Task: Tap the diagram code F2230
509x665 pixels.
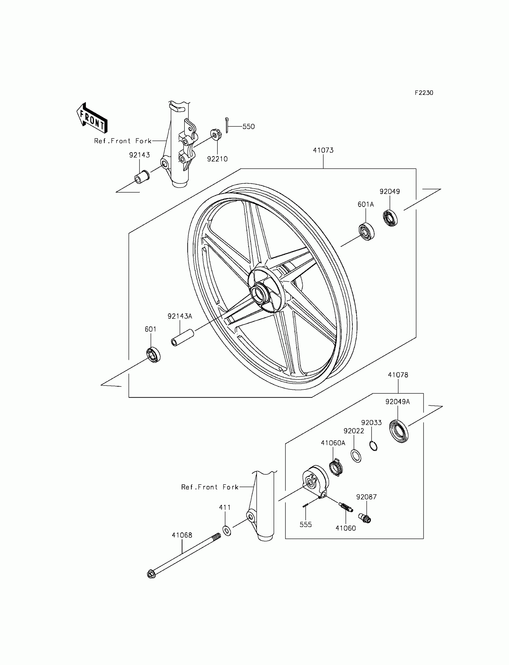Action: tap(424, 93)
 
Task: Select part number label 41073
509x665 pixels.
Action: tap(323, 150)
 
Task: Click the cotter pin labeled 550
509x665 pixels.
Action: tap(227, 125)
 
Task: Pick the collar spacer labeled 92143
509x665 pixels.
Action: tap(142, 177)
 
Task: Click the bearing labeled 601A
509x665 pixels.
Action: tap(366, 232)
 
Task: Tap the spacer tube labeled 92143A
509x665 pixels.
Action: tap(182, 337)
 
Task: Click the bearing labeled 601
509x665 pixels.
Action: tap(153, 355)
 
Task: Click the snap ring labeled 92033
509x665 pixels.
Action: tap(374, 446)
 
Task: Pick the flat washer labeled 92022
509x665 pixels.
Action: tap(356, 456)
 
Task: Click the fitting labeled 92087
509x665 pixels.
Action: tap(365, 518)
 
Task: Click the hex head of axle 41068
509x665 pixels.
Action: tap(151, 574)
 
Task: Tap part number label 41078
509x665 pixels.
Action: tap(398, 375)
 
